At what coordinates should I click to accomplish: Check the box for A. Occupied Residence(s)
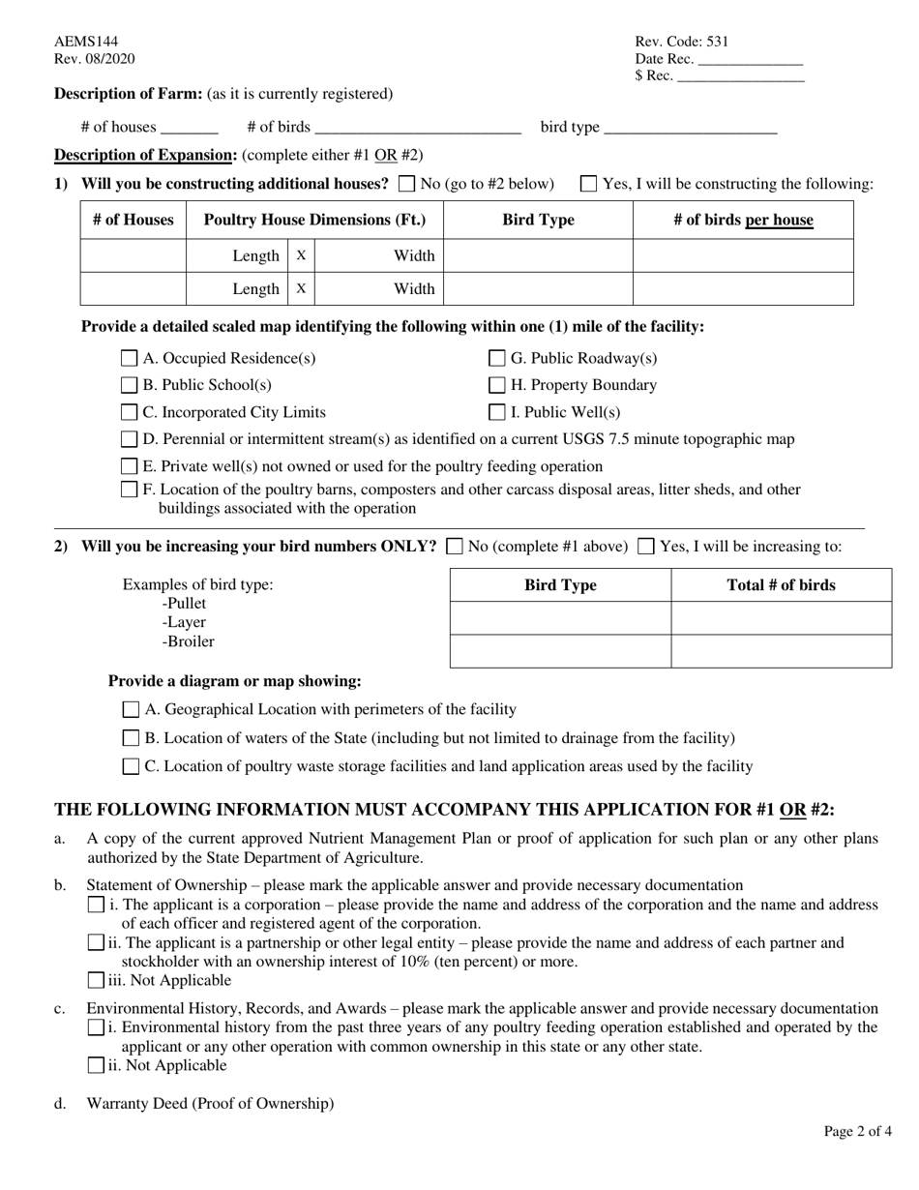[x=130, y=359]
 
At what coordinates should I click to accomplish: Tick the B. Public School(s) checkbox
[x=130, y=385]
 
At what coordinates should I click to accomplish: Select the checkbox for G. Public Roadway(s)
[x=497, y=359]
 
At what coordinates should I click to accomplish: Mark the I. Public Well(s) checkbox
[x=497, y=413]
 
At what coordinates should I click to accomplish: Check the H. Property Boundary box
[x=497, y=385]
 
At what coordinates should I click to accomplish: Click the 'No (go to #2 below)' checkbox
[x=407, y=184]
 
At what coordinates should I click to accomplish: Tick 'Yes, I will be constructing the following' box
[x=588, y=184]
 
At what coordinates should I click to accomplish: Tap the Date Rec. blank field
[x=750, y=60]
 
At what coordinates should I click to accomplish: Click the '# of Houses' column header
[x=133, y=221]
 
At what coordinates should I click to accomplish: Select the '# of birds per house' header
[x=743, y=221]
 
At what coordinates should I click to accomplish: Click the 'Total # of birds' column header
[x=781, y=585]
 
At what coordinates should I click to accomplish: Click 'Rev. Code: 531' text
[x=681, y=42]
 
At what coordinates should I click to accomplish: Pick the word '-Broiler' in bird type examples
[x=189, y=641]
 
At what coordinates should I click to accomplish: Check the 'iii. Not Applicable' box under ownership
[x=96, y=980]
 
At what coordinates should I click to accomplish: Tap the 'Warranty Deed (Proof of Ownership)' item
[x=210, y=1103]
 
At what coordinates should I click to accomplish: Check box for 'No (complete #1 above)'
[x=455, y=547]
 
